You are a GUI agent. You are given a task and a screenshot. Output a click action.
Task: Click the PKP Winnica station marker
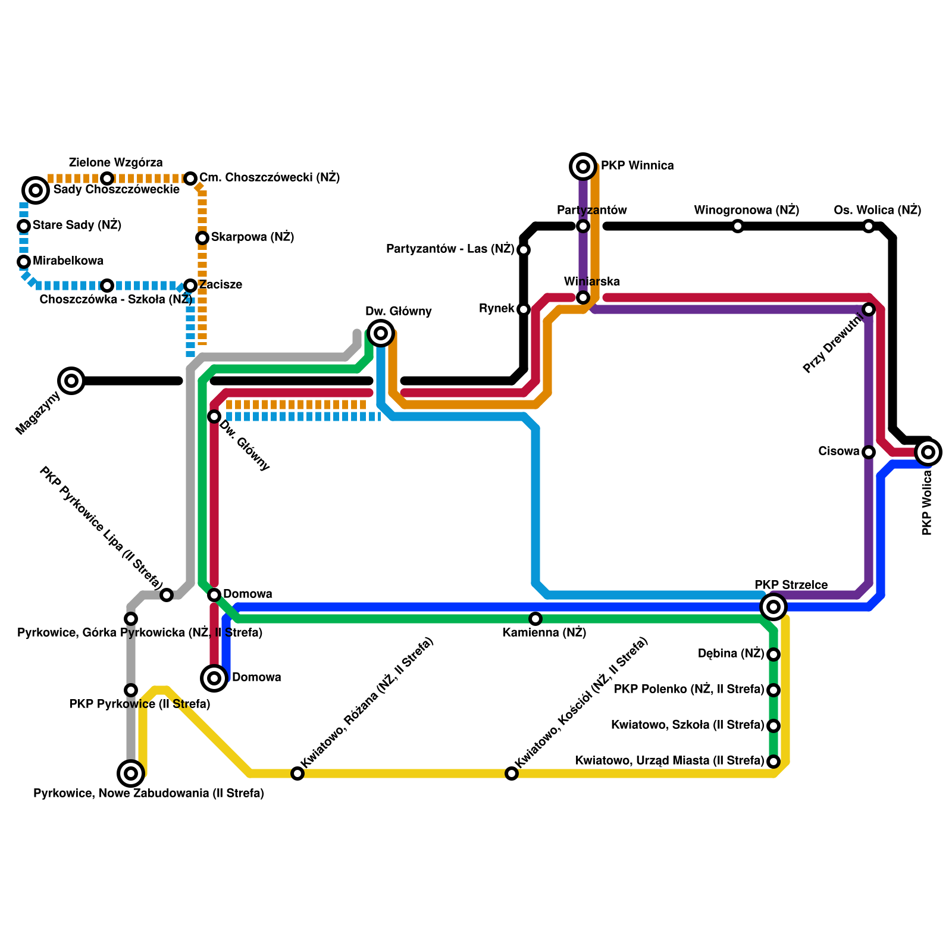583,167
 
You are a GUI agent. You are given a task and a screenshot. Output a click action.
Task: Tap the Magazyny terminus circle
71,381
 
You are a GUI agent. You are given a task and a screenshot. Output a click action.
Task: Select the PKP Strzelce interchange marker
773,607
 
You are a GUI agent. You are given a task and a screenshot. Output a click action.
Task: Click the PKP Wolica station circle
928,452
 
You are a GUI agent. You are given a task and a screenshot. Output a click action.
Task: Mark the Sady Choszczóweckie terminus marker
36,190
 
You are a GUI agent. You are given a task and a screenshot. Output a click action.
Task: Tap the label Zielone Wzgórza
115,163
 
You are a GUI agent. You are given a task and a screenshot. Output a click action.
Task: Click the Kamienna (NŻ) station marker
535,619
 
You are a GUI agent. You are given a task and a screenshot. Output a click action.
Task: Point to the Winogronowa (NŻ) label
746,211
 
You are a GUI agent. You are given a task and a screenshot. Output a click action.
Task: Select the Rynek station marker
524,309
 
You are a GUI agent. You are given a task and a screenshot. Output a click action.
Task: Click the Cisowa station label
838,452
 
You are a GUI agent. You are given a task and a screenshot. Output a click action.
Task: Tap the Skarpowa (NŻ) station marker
202,238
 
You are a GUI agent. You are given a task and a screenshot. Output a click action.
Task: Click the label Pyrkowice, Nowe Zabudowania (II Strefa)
148,794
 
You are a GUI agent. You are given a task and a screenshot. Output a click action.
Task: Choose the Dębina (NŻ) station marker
773,654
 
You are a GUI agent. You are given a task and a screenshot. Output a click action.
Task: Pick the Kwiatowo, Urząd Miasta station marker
773,762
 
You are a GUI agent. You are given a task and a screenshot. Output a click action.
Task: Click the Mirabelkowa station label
68,261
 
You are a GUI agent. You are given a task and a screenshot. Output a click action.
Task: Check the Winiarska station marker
583,297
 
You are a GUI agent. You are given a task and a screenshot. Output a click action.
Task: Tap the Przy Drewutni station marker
869,309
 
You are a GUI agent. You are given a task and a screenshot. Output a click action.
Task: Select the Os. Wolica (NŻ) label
877,211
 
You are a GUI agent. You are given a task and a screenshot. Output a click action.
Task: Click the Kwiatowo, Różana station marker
297,773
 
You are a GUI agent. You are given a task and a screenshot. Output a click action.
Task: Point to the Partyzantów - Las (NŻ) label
450,249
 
